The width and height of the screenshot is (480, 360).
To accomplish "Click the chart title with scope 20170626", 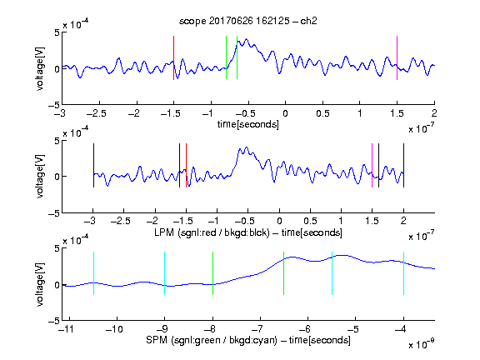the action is (x=248, y=21).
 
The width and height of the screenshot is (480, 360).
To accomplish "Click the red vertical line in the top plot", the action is (x=173, y=57).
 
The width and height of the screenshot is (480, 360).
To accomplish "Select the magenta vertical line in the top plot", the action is (x=397, y=57).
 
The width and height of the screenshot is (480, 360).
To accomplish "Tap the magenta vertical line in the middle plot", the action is (x=372, y=165).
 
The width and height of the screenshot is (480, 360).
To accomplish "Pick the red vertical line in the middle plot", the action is (x=186, y=165).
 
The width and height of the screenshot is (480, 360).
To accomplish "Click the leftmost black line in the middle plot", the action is (x=93, y=165).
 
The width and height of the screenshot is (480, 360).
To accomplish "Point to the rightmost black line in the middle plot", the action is (x=403, y=165).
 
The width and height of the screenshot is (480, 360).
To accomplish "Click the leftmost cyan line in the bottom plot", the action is (x=93, y=273).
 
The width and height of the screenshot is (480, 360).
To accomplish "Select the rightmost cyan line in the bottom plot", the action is (x=403, y=273).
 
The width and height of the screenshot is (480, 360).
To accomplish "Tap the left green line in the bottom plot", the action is (x=212, y=273).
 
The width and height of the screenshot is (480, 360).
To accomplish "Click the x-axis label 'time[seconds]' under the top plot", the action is (x=248, y=124).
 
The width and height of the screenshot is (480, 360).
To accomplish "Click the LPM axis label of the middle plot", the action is (x=248, y=232).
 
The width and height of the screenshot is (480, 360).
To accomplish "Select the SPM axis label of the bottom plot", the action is (x=248, y=340).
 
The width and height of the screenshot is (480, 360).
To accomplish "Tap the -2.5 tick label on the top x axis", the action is (x=96, y=113).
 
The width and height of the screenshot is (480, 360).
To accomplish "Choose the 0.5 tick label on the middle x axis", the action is (x=310, y=221).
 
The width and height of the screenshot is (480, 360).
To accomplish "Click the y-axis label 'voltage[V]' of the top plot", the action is (x=40, y=69).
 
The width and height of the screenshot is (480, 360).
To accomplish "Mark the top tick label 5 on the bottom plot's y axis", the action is (x=57, y=248).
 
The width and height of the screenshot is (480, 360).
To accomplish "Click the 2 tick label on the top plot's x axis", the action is (x=434, y=113).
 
